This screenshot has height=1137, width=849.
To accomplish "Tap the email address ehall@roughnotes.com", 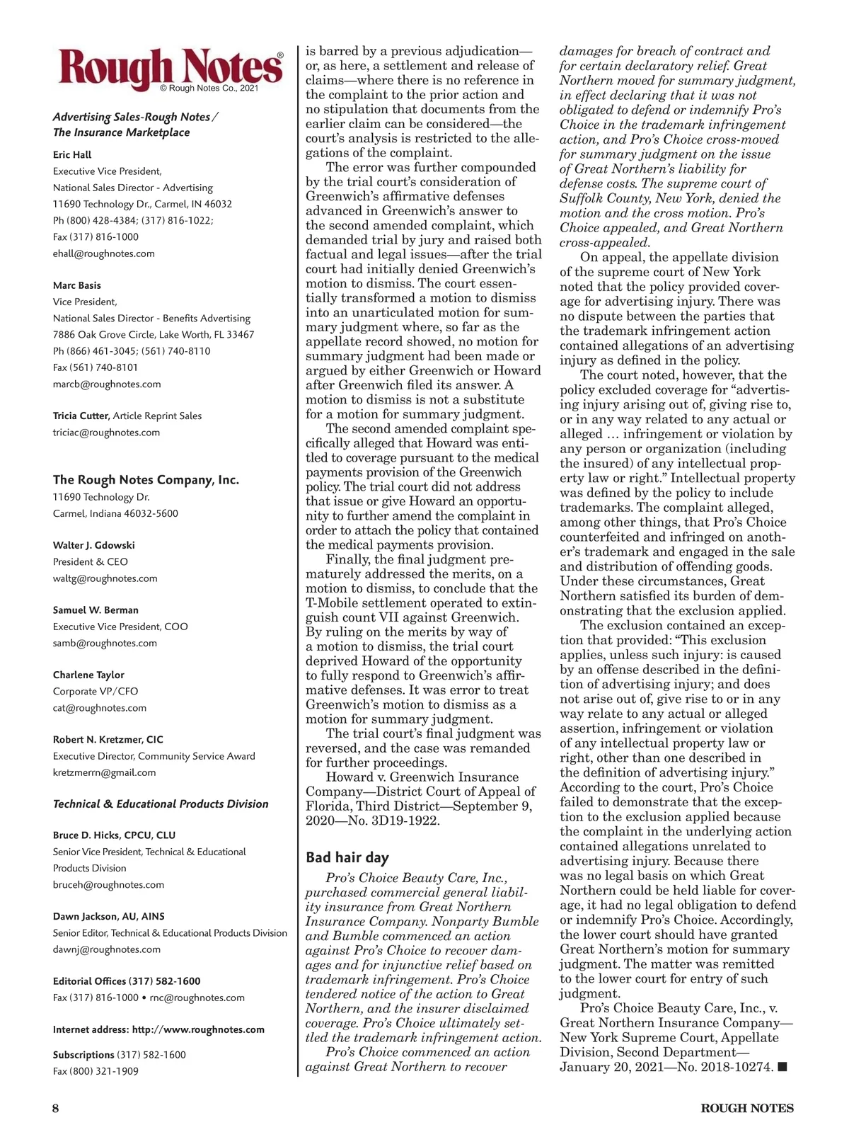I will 103,253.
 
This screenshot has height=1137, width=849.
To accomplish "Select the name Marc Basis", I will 77,285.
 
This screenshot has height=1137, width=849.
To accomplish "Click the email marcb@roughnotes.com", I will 107,384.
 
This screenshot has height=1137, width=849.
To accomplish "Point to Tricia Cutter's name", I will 81,416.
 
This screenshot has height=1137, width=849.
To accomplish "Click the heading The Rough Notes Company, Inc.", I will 146,480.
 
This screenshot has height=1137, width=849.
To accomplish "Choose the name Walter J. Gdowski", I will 93,545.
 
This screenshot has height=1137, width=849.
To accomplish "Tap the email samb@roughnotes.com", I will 105,643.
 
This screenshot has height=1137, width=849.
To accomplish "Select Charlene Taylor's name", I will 88,675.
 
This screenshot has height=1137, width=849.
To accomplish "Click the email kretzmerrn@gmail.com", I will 104,772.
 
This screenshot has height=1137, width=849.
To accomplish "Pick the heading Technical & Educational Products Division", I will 161,804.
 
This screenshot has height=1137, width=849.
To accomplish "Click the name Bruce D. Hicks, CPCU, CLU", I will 114,835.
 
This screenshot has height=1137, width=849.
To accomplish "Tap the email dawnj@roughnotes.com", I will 106,949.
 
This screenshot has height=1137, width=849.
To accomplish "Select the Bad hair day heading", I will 347,857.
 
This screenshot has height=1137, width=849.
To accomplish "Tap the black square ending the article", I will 782,1067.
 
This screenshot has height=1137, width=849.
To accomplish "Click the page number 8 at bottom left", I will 55,1109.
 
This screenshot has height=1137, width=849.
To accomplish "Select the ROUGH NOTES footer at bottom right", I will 747,1109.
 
